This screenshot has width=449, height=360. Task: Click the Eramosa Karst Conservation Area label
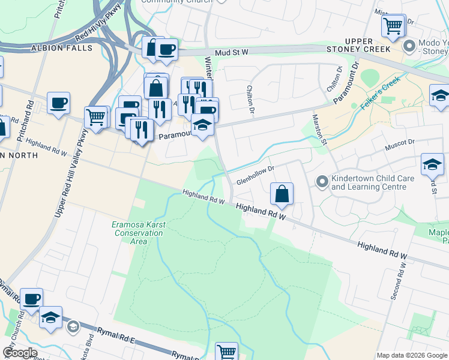(139, 233)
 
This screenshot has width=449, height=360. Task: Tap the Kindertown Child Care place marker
(322, 181)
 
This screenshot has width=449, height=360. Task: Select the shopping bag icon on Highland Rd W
(282, 194)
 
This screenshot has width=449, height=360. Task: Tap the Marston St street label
(319, 131)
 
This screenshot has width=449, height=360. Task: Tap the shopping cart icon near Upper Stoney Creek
(393, 26)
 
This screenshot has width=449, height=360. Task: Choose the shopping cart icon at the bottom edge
(226, 352)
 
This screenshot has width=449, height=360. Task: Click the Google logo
(20, 353)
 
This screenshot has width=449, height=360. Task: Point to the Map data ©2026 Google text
(411, 355)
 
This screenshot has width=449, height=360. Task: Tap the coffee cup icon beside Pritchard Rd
(58, 103)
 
